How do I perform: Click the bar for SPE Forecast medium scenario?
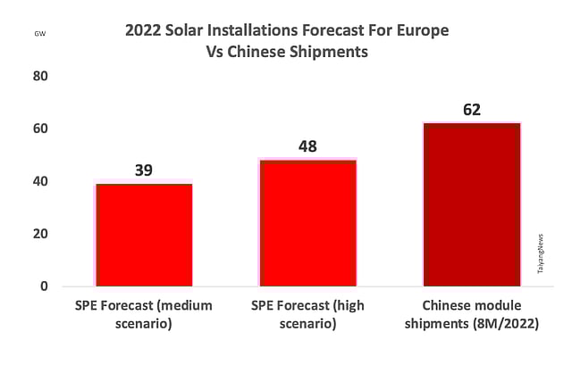(144, 234)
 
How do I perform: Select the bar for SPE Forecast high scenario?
(307, 222)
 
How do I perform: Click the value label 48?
(307, 146)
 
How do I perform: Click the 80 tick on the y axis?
(40, 77)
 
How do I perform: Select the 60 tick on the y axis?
(40, 129)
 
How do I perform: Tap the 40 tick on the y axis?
(40, 182)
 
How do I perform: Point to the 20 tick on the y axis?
(40, 234)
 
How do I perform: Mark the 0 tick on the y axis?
(43, 286)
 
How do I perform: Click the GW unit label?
(40, 33)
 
